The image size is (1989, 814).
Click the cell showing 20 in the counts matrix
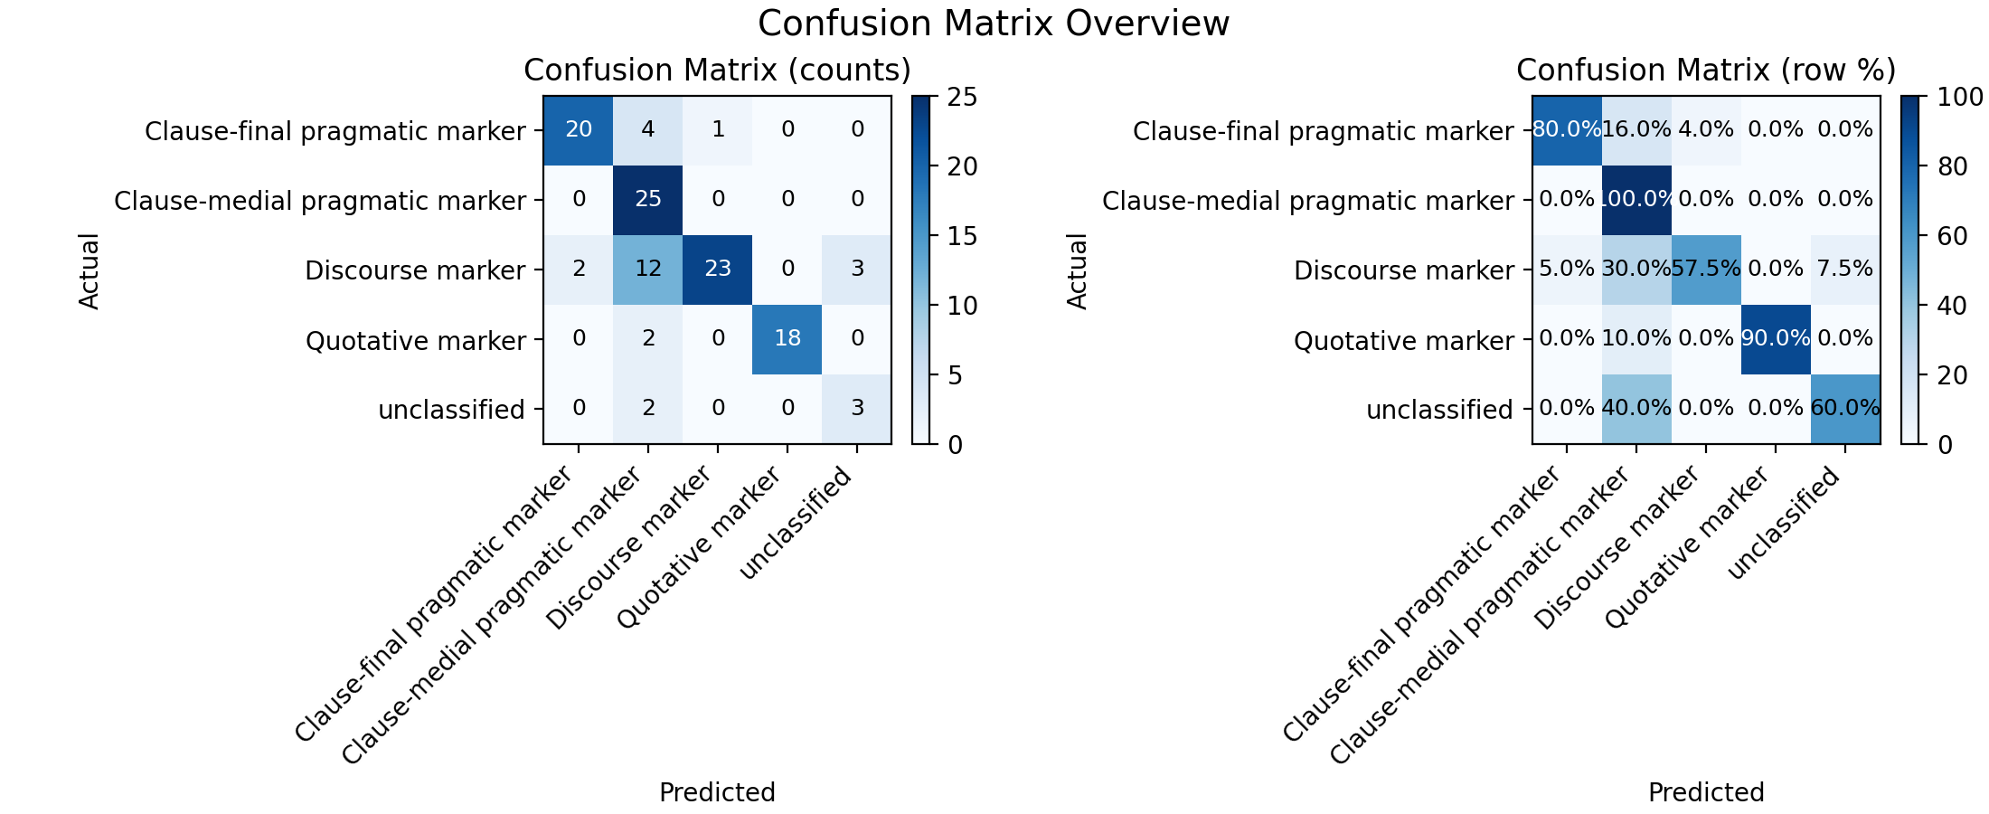coord(579,130)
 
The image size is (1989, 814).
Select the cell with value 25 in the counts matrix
coord(648,200)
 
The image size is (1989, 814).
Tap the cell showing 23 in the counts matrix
coord(718,270)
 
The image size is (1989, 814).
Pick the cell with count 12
coord(648,270)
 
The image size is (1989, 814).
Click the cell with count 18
coord(787,339)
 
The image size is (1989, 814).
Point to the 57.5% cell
coord(1706,270)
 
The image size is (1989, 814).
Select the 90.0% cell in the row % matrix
coord(1776,339)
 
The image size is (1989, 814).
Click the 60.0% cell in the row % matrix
coord(1845,409)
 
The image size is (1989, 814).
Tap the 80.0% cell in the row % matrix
coord(1567,130)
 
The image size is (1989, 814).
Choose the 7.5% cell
coord(1845,270)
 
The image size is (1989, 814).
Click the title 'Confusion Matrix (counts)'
coord(717,71)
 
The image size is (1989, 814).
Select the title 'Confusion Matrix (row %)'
coord(1706,71)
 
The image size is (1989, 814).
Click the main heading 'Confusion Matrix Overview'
coord(994,24)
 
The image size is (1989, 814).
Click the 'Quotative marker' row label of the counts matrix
coord(416,341)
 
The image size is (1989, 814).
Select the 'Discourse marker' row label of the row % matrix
coord(1404,270)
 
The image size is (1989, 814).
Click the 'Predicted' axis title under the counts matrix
coord(717,792)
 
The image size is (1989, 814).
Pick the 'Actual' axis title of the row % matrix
coord(1077,270)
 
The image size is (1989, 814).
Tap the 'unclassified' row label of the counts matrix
coord(452,411)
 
